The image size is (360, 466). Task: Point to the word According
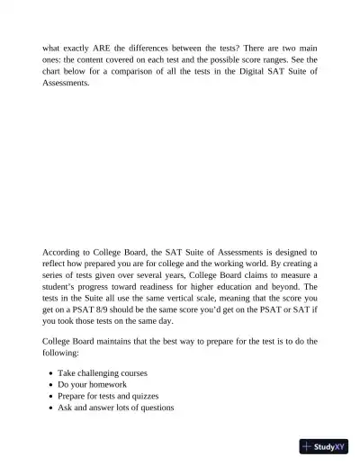tap(62, 253)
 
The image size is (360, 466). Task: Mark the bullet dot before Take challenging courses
tap(49, 372)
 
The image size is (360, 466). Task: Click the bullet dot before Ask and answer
tap(49, 408)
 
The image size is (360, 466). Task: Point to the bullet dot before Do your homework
tap(49, 384)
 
